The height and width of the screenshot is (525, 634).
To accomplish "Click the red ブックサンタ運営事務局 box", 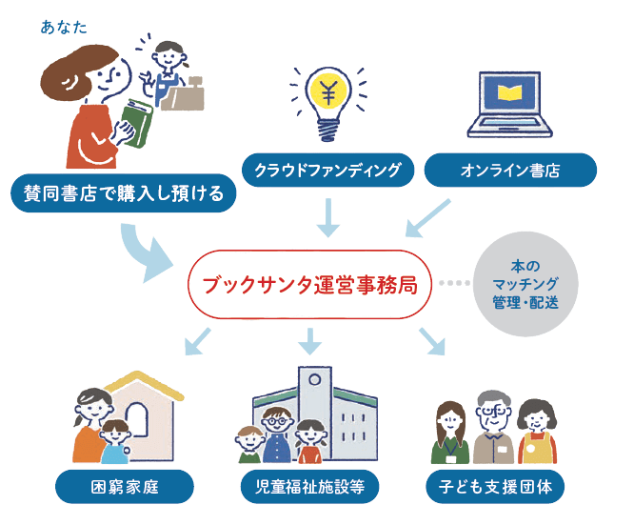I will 309,284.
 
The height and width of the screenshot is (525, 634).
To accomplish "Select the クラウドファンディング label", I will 328,172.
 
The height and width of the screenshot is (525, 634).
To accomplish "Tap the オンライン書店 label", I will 509,172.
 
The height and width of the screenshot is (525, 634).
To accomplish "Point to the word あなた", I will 64,27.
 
